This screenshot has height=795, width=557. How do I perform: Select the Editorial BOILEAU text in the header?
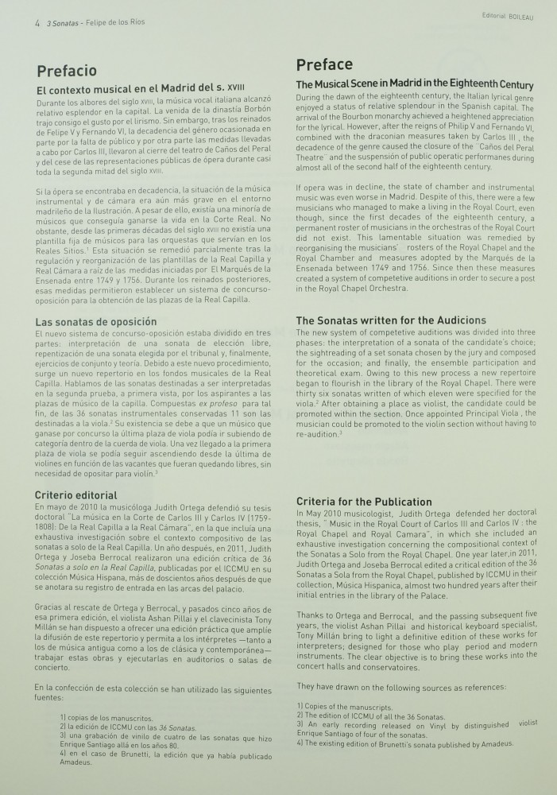507,15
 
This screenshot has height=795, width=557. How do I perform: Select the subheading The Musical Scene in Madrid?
414,84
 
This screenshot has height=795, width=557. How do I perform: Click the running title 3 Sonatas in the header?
64,23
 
